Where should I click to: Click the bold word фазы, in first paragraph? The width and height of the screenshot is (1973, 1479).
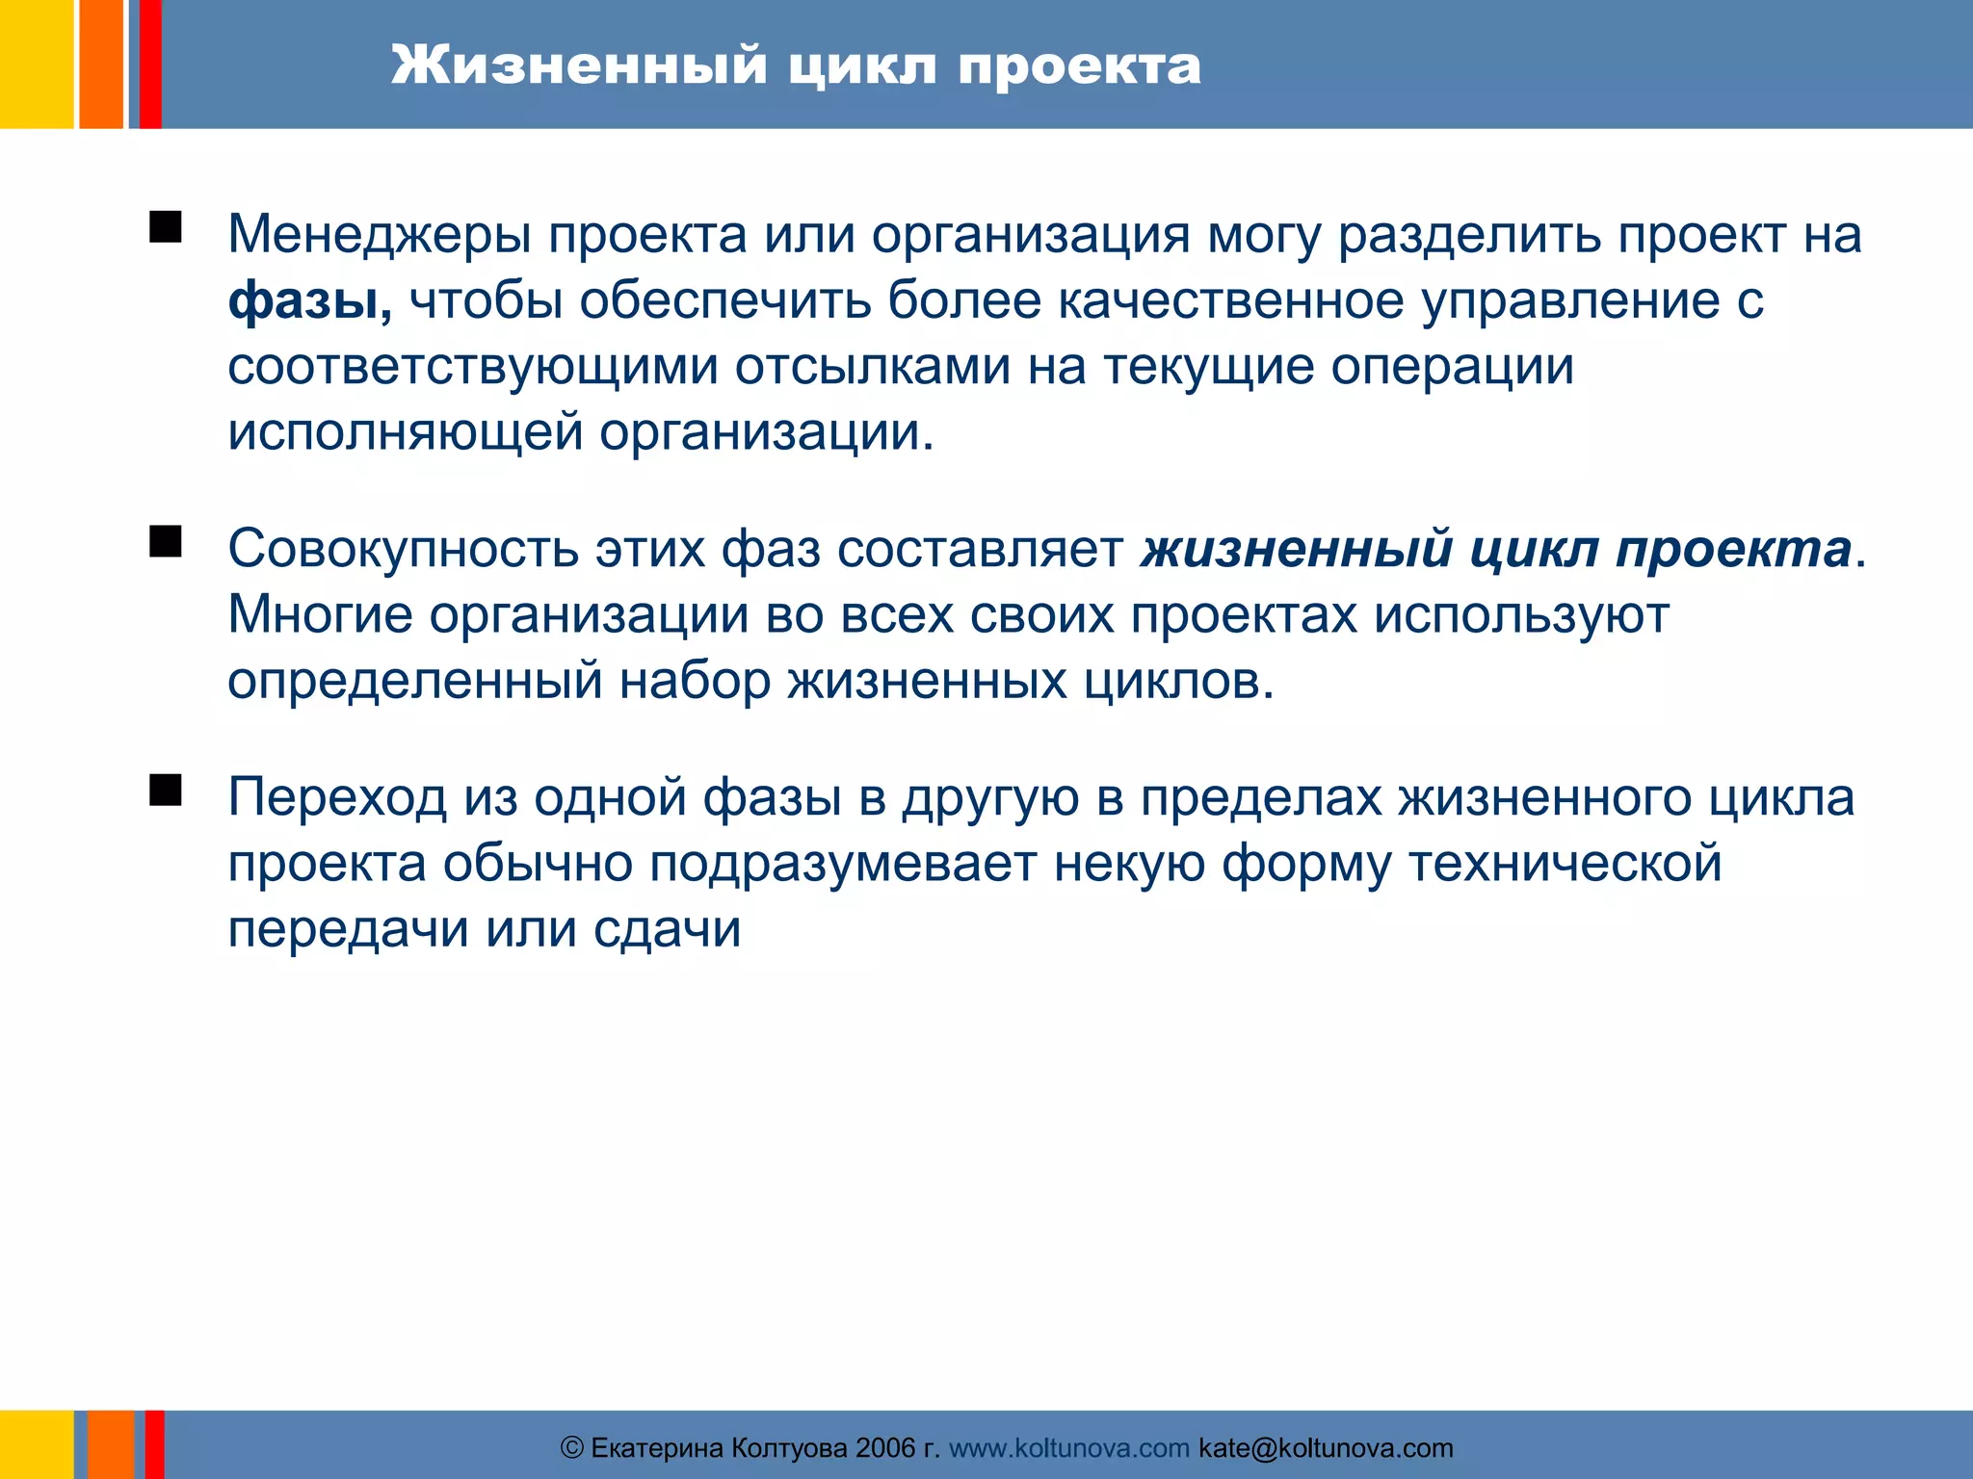(x=309, y=301)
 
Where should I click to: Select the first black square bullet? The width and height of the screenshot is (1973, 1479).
(x=166, y=228)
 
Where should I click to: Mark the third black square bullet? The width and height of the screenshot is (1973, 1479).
(x=166, y=791)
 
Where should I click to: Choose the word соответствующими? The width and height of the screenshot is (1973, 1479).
(x=472, y=367)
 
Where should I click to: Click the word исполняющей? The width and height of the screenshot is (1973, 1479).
(x=405, y=432)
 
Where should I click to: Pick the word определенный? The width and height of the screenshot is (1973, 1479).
(x=414, y=681)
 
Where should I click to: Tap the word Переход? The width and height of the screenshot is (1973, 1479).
(x=337, y=798)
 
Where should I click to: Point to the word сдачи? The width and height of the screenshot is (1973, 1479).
(x=667, y=930)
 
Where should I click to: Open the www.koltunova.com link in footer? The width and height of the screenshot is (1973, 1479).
(x=1068, y=1448)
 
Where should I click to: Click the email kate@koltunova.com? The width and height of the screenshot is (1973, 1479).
(x=1326, y=1448)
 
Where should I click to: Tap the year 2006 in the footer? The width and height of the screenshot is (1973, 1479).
(x=884, y=1448)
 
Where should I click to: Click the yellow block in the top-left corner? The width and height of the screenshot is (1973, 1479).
(x=36, y=64)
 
